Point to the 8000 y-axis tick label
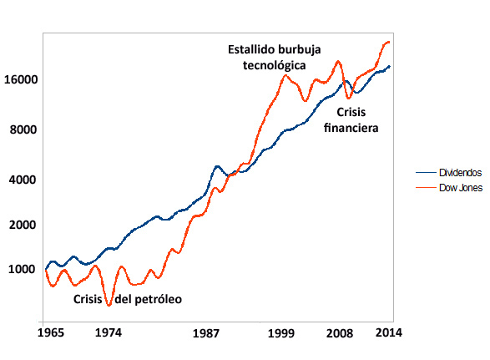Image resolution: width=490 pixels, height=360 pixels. click(x=23, y=129)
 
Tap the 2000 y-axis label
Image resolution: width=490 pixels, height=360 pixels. click(x=23, y=225)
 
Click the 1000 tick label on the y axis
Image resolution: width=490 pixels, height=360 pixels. click(x=23, y=269)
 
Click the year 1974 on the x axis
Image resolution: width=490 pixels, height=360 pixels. click(x=109, y=332)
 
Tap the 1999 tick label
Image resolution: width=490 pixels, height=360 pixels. click(x=282, y=332)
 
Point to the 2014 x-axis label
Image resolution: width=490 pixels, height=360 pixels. click(x=389, y=332)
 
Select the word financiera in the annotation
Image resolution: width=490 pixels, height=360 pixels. click(x=351, y=129)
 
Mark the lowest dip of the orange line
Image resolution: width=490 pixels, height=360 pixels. click(x=109, y=306)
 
